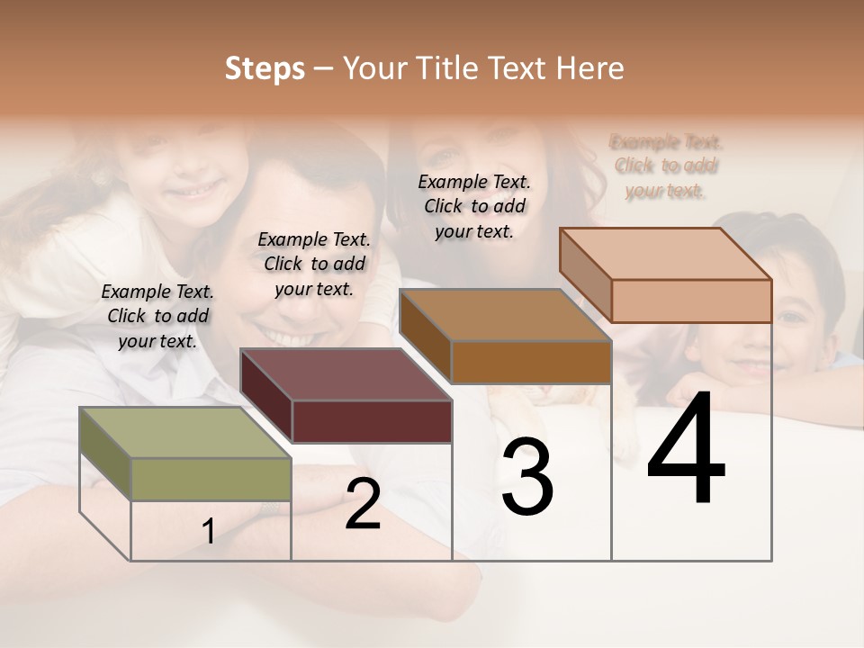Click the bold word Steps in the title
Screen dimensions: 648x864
[x=265, y=68]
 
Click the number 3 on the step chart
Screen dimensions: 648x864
[x=527, y=477]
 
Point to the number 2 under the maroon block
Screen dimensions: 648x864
[x=363, y=504]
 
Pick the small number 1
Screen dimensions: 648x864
[x=209, y=532]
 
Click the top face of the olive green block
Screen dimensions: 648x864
[x=185, y=433]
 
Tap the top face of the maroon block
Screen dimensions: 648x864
[x=346, y=374]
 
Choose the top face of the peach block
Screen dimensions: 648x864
[x=666, y=254]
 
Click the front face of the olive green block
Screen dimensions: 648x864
[x=211, y=479]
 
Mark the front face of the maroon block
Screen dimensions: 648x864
[x=372, y=421]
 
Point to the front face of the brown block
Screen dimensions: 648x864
[x=531, y=362]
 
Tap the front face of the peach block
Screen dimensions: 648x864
[x=691, y=301]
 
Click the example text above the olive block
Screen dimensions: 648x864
[x=157, y=316]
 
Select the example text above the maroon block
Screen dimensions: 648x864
[x=314, y=264]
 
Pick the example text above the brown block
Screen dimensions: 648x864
[x=474, y=206]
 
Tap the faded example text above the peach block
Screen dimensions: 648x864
[x=666, y=166]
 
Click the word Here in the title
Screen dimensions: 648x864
[x=590, y=68]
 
